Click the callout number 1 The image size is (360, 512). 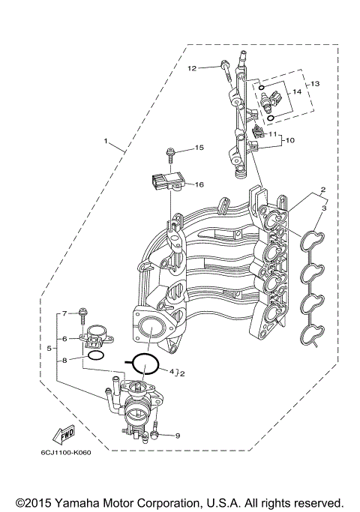coord(106,141)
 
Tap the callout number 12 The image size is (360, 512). coord(192,68)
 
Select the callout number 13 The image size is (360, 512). coord(315,83)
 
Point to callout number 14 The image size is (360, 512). coord(297,91)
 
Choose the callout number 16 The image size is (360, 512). coord(199,184)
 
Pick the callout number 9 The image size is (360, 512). coord(178,436)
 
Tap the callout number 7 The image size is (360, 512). coord(64,313)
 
